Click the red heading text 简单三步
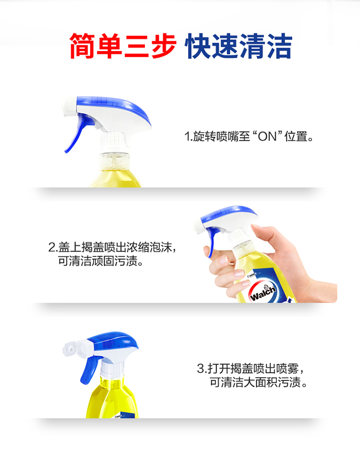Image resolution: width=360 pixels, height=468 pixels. [122, 46]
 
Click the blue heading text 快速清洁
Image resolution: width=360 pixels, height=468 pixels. [238, 46]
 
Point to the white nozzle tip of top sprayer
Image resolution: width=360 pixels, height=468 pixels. [70, 107]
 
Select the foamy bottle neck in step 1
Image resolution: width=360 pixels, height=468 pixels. [114, 161]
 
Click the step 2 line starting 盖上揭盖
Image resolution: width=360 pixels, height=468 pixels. [112, 247]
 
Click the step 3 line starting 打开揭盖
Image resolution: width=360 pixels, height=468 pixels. [251, 369]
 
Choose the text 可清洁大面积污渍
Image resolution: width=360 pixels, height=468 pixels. [258, 382]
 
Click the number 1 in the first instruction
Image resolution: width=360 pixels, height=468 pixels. [187, 136]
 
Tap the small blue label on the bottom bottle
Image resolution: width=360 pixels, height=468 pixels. [125, 415]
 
